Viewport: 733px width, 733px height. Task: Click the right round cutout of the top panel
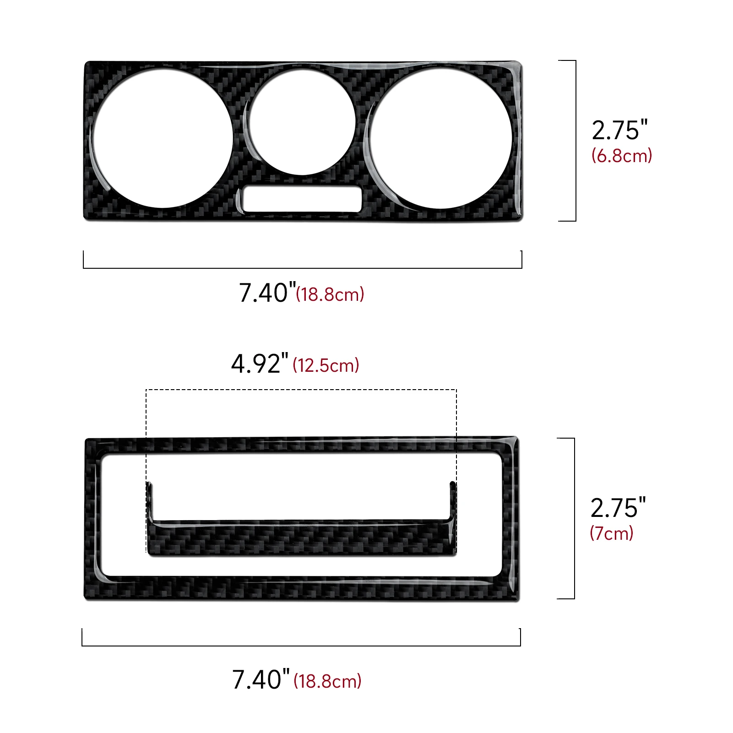(440, 138)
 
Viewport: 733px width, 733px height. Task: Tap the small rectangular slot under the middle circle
(302, 199)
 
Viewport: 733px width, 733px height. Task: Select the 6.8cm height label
(622, 156)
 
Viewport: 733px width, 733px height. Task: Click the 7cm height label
(612, 533)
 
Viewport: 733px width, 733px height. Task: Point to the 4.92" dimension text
(260, 364)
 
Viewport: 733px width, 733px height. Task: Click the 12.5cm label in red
(326, 365)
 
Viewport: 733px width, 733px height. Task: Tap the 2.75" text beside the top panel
(619, 130)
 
